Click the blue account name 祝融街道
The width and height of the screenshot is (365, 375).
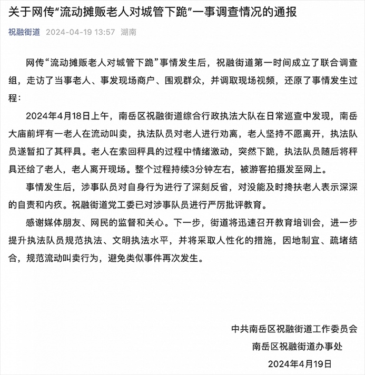(x=24, y=32)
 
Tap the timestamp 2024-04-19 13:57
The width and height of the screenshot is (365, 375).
(x=80, y=32)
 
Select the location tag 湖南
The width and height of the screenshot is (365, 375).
(x=129, y=32)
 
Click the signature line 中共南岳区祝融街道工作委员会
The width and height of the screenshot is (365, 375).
(x=294, y=329)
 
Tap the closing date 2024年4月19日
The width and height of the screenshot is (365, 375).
(x=300, y=363)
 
